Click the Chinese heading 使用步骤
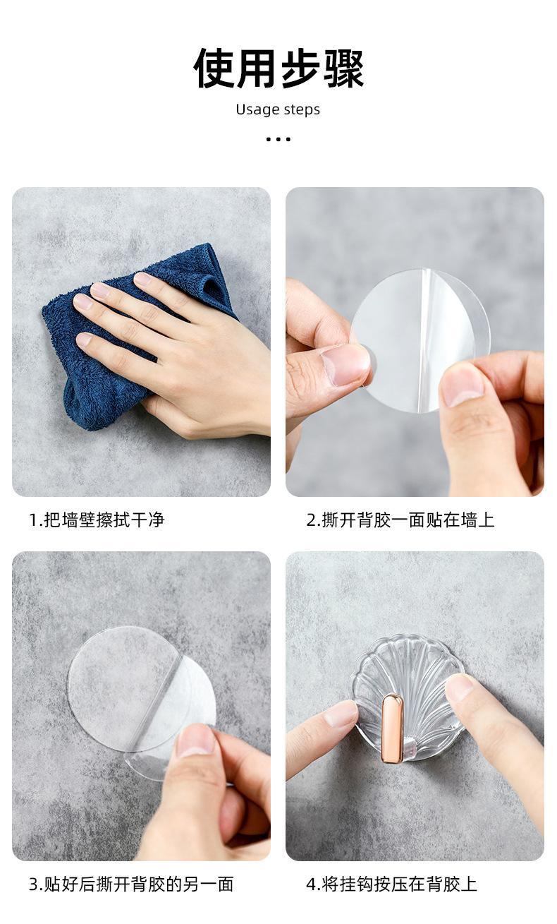tap(278, 68)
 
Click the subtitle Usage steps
tap(278, 109)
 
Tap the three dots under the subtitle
tap(278, 140)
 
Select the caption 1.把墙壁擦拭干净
tap(97, 520)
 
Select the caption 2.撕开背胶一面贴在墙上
tap(400, 520)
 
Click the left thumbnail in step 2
tap(346, 365)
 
